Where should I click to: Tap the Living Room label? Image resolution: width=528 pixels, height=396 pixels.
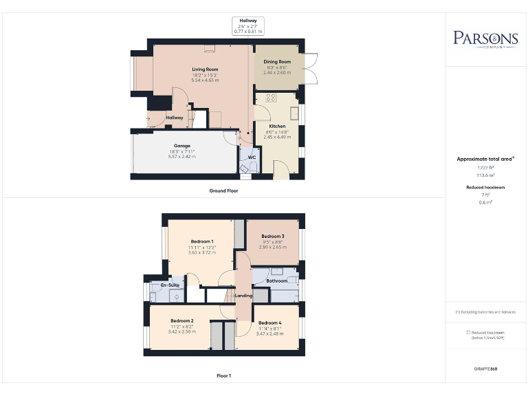pos(205,69)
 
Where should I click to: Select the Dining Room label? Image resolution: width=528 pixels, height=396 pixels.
pos(277,62)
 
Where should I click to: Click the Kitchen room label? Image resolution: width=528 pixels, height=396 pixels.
pos(276,126)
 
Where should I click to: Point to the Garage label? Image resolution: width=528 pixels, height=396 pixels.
pos(181,146)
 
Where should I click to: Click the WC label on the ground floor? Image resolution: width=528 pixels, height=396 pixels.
pos(252,157)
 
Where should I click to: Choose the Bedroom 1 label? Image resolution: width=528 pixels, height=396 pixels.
pos(202,241)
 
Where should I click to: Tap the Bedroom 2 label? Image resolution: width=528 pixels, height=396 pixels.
pos(182,321)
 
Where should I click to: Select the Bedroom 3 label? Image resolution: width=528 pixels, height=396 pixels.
pos(273,236)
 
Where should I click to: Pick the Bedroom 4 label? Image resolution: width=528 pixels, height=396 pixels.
pos(270,322)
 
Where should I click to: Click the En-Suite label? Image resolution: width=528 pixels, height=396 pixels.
pos(170,285)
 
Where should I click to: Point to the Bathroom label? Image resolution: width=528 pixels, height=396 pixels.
pos(277,281)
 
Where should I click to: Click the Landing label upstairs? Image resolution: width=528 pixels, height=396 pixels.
pos(243,296)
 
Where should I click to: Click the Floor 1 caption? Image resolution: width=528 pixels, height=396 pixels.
pos(223,376)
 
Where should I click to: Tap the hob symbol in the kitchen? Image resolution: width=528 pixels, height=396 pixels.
pos(270,98)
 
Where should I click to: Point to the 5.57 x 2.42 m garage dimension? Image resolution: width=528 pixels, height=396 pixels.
pos(181,157)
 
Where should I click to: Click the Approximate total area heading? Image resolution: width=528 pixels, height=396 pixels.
pos(485,159)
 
